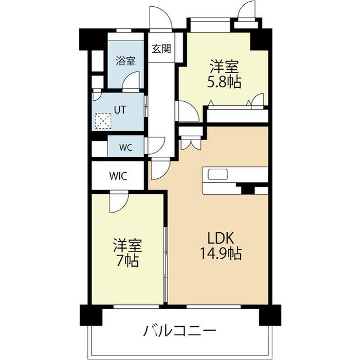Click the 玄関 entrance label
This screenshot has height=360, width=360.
161,48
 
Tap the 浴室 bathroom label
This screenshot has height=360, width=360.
125,61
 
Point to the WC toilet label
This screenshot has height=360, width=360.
125,147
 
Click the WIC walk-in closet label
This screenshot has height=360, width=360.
118,175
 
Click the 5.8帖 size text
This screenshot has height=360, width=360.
226,82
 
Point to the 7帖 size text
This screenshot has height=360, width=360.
127,262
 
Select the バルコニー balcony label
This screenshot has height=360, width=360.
178,330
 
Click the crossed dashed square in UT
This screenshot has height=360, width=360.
103,120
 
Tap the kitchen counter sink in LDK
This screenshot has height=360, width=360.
218,174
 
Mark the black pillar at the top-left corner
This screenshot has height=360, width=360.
88,38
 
